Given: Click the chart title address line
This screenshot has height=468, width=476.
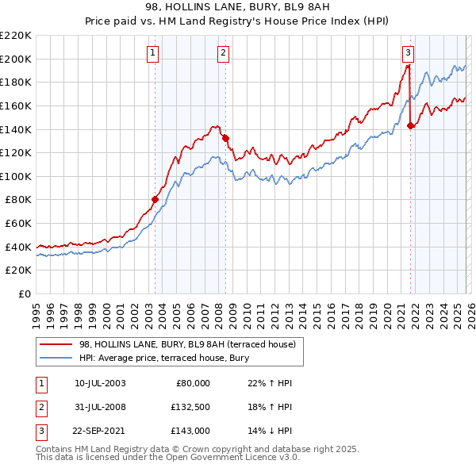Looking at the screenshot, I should [x=238, y=7].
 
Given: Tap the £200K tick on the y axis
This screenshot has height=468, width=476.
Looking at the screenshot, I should [x=17, y=59].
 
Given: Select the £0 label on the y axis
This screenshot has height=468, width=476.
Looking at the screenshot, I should [x=25, y=293].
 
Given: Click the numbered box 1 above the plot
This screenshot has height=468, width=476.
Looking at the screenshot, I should [x=152, y=53].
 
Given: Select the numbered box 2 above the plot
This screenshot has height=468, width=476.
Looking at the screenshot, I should [x=223, y=53].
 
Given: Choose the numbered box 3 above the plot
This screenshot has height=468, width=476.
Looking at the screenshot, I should [x=408, y=53].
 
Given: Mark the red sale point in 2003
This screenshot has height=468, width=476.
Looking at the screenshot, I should [x=155, y=199].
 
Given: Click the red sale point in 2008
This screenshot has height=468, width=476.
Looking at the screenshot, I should [x=226, y=137].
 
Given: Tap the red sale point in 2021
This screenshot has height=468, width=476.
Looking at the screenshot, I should [x=410, y=125].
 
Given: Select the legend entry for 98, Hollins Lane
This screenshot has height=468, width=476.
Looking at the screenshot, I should [x=187, y=343].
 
